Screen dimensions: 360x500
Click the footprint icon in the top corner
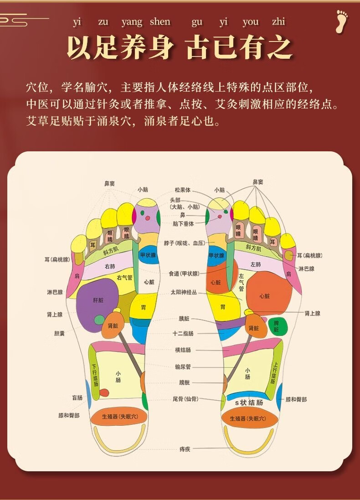[341, 21]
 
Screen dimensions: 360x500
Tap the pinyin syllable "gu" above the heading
[197, 22]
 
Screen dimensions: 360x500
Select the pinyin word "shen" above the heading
[160, 22]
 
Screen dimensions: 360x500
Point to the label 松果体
[182, 190]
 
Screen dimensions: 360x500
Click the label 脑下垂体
[183, 223]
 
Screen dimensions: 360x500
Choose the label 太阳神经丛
[184, 292]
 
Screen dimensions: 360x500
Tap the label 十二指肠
[184, 333]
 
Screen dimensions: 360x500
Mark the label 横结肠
[183, 350]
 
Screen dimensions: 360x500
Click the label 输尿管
[183, 366]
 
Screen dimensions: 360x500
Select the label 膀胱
[183, 382]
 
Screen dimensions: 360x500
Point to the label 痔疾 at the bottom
[185, 449]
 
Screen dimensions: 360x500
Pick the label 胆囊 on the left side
[59, 333]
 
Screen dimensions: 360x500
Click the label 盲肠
[77, 397]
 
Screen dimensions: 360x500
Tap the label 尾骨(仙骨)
[185, 399]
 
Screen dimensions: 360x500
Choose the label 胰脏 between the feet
[184, 319]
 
